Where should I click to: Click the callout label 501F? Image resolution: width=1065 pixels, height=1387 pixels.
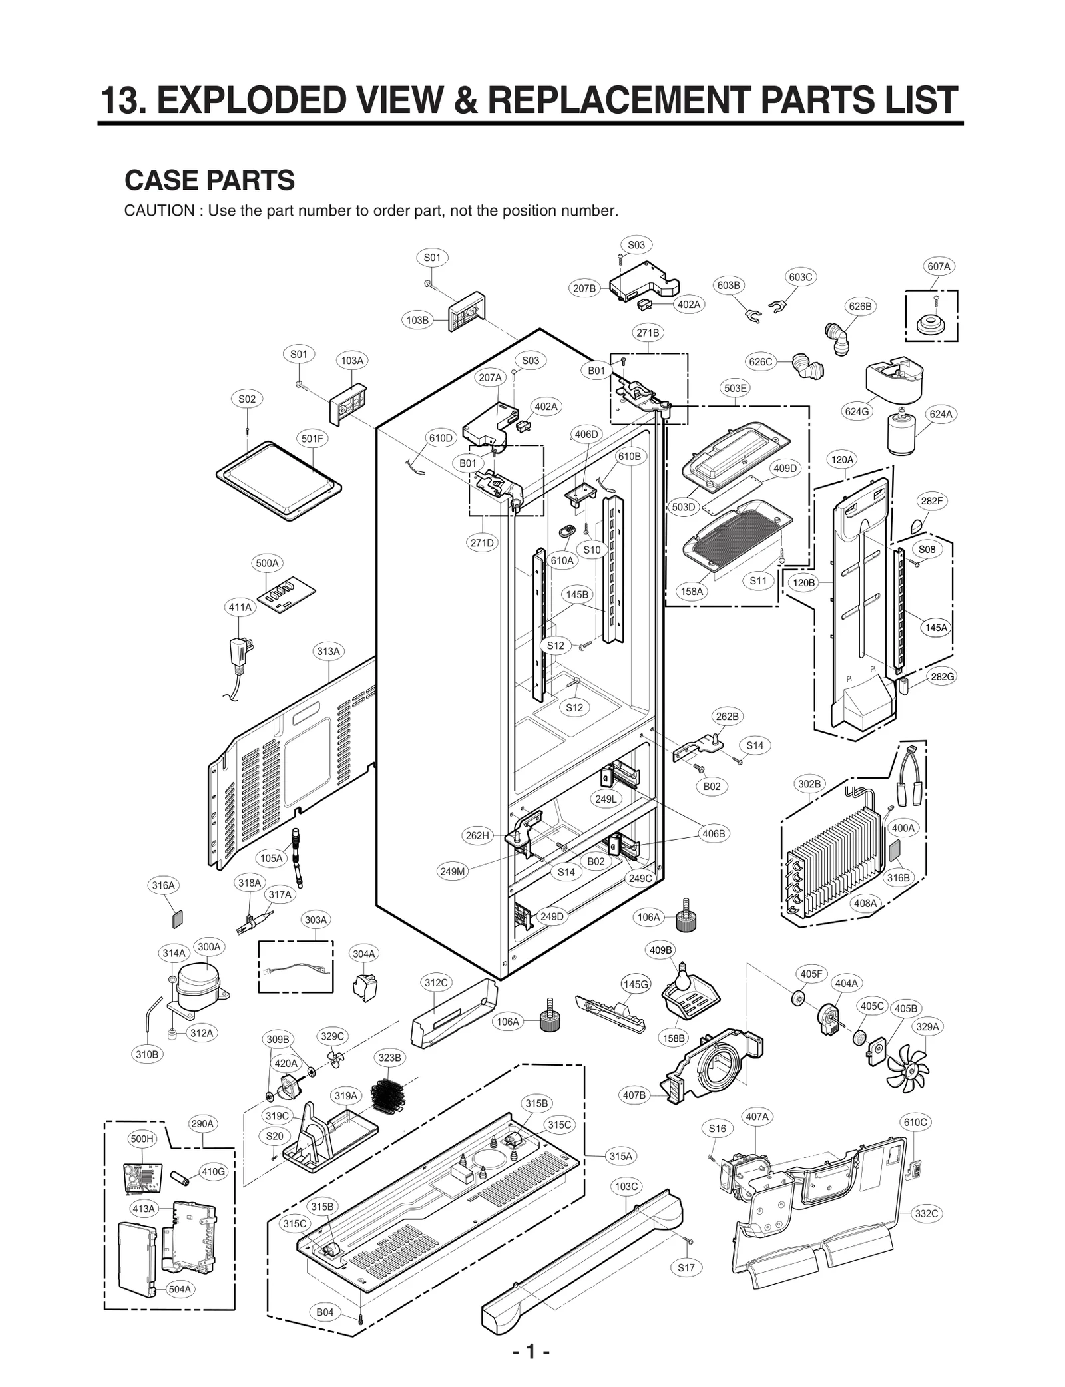[312, 439]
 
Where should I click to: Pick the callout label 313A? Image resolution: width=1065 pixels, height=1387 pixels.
[328, 651]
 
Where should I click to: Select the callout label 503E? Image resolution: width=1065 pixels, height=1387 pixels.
[735, 388]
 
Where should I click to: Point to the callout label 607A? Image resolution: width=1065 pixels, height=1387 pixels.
[939, 266]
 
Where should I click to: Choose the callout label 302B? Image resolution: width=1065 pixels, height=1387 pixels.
[809, 784]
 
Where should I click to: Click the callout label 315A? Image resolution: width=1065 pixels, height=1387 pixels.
[620, 1156]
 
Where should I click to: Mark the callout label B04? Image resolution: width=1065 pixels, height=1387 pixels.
[325, 1312]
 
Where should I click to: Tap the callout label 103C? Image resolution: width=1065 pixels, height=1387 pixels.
[626, 1186]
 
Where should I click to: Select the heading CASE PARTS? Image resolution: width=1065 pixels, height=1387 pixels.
[210, 180]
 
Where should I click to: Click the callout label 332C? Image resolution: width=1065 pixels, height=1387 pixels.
[926, 1213]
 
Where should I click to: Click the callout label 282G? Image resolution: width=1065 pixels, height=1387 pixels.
[942, 676]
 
